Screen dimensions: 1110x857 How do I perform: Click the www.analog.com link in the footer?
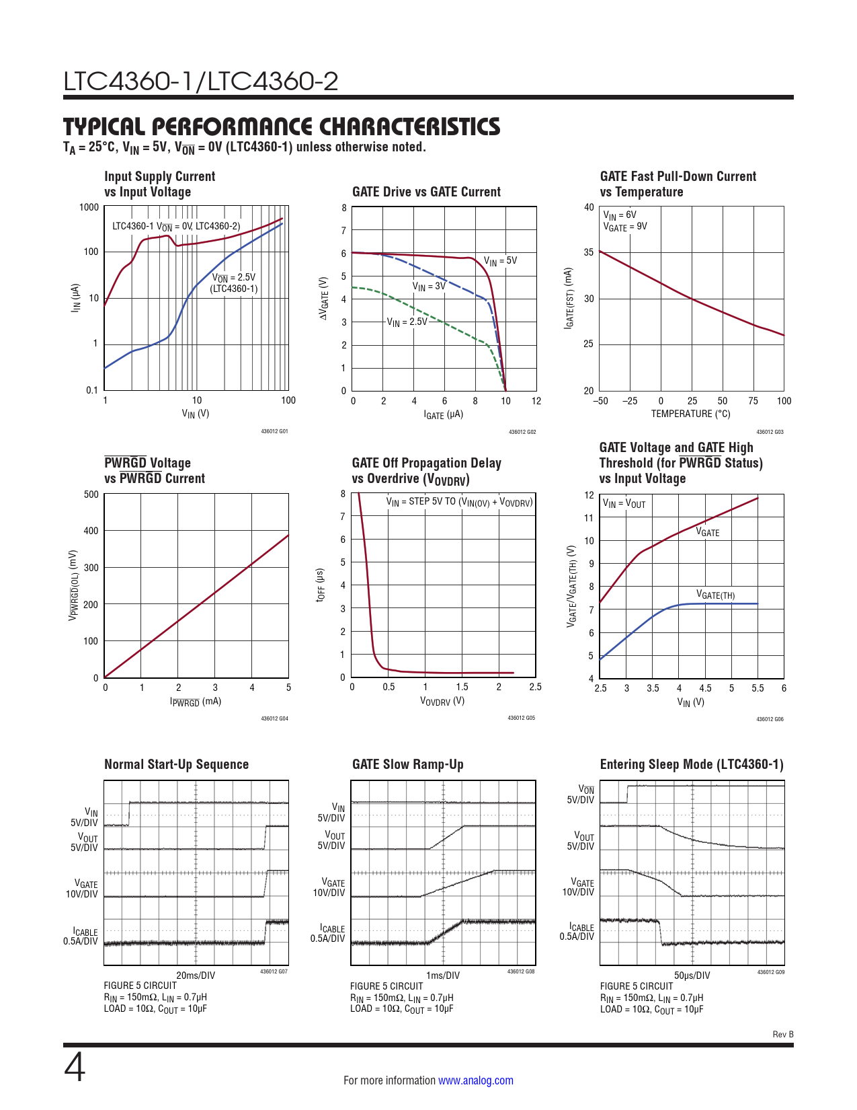click(475, 1080)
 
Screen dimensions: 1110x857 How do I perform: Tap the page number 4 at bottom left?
click(75, 1068)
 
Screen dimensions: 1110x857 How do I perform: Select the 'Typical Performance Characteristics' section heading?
click(282, 126)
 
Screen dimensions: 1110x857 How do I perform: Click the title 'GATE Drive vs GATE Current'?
click(426, 192)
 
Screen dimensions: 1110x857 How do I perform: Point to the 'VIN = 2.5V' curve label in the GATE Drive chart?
click(407, 322)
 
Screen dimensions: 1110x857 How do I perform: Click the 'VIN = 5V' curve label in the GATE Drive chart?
click(500, 261)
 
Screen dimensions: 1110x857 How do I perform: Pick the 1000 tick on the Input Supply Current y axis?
click(89, 207)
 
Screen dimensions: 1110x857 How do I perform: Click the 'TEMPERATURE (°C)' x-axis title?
click(690, 414)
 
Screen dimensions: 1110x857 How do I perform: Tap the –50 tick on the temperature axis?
click(600, 401)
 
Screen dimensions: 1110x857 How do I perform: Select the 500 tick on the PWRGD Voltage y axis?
click(91, 494)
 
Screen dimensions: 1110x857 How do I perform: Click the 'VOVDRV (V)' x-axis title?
click(442, 701)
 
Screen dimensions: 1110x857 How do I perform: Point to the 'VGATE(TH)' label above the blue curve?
click(715, 595)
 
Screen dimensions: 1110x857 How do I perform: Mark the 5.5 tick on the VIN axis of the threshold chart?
click(758, 688)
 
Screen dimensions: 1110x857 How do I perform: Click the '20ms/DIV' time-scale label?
click(196, 975)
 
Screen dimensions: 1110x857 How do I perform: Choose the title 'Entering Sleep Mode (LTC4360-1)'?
click(692, 764)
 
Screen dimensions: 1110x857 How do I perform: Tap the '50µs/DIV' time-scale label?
click(692, 975)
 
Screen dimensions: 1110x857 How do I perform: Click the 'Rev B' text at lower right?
click(783, 1035)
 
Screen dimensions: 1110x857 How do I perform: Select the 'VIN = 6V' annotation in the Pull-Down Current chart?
click(619, 215)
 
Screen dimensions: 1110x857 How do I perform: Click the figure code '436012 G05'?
click(521, 718)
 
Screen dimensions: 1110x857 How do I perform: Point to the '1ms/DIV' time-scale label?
click(443, 975)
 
